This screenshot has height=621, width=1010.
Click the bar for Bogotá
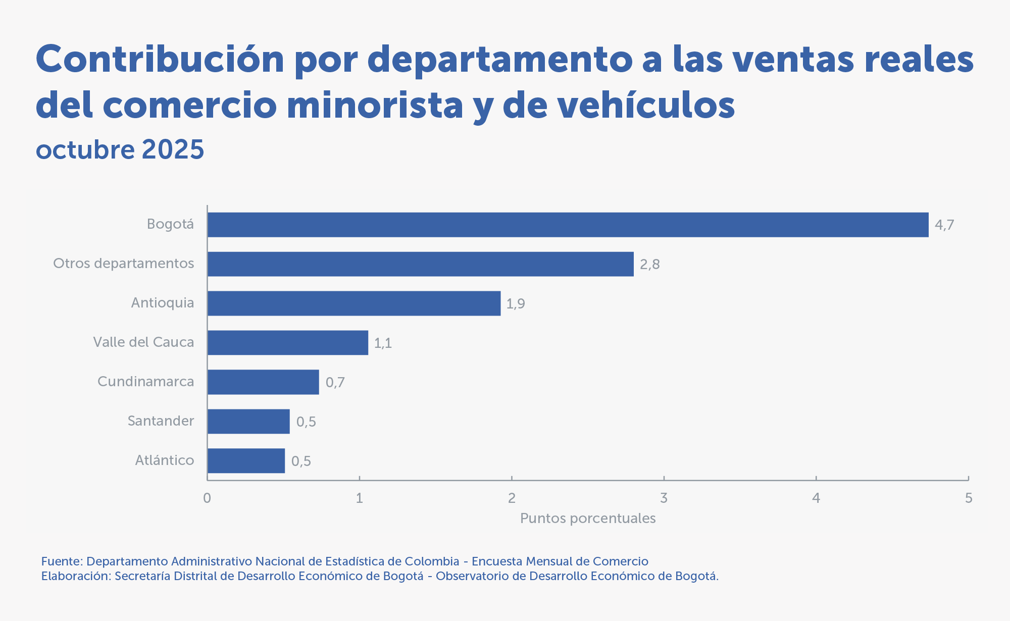(568, 225)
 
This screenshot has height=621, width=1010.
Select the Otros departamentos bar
(420, 264)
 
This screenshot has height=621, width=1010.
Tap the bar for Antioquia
(353, 303)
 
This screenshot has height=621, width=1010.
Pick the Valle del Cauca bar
(287, 343)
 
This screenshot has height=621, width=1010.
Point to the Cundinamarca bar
(263, 382)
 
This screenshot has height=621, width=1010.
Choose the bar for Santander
(248, 422)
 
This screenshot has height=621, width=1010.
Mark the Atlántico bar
(246, 461)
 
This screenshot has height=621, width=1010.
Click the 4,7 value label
(944, 225)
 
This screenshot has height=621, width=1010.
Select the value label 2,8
(649, 265)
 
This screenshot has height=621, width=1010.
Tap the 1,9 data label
(516, 304)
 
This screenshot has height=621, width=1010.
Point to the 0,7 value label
(335, 383)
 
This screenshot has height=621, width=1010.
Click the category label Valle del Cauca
(143, 342)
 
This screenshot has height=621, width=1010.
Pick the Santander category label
(161, 421)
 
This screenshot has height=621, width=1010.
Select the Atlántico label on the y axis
(165, 460)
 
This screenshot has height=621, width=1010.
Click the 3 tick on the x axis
(664, 498)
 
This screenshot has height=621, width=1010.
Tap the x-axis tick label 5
(968, 498)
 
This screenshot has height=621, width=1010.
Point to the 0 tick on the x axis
(207, 498)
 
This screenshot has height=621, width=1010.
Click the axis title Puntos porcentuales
(588, 519)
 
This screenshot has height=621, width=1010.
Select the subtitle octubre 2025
(120, 149)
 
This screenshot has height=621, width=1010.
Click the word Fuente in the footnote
(61, 561)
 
